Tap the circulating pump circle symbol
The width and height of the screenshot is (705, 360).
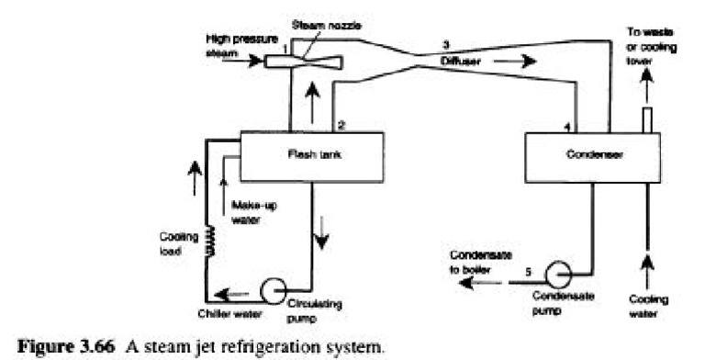273,291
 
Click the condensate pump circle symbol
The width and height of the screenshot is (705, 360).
556,275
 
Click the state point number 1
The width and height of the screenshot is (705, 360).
285,47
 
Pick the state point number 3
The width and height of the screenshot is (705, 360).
445,44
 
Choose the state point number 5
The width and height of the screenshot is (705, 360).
528,272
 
